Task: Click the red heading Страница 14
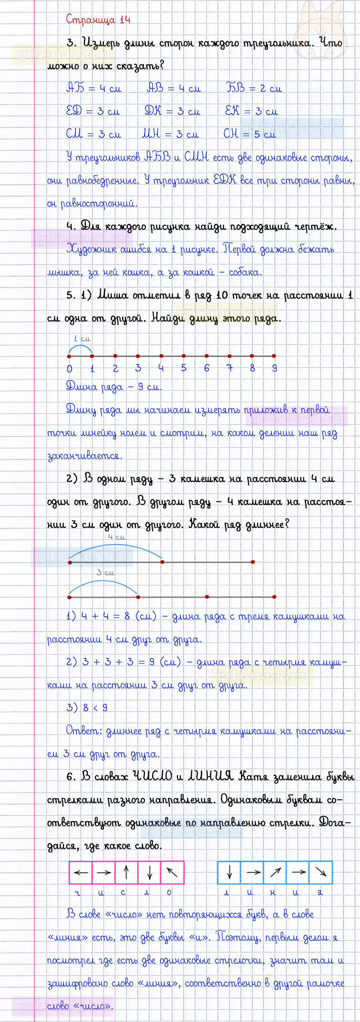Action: coord(98,19)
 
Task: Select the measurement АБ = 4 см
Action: coord(94,89)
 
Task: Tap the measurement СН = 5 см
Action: coord(249,134)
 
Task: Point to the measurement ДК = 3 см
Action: coord(172,111)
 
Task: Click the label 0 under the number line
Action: coord(69,369)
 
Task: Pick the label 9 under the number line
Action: coord(274,369)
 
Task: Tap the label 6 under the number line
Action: coord(207,369)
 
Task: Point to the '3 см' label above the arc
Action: coord(105,573)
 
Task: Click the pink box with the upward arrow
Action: coord(126,873)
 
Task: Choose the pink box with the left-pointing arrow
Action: coord(81,873)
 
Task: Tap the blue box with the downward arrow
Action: coord(229,873)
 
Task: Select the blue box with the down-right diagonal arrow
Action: coord(321,873)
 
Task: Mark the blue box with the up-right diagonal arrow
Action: coord(275,873)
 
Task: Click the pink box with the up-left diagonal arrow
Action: coord(172,873)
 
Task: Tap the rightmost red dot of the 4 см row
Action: coord(253,562)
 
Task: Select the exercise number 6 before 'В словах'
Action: coord(70,777)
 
